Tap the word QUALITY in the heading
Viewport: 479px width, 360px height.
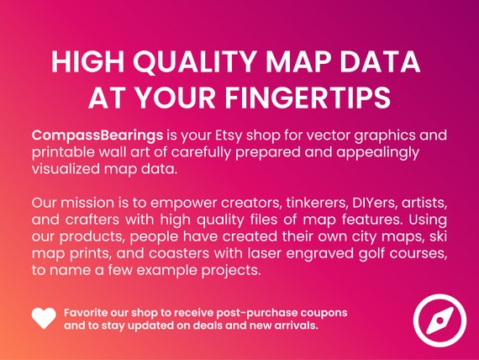coord(191,64)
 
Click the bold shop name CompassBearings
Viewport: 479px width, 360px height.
coord(92,135)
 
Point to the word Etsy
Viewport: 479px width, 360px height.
coord(227,135)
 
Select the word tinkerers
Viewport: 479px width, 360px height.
coord(293,204)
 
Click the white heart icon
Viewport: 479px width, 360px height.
coord(44,318)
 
